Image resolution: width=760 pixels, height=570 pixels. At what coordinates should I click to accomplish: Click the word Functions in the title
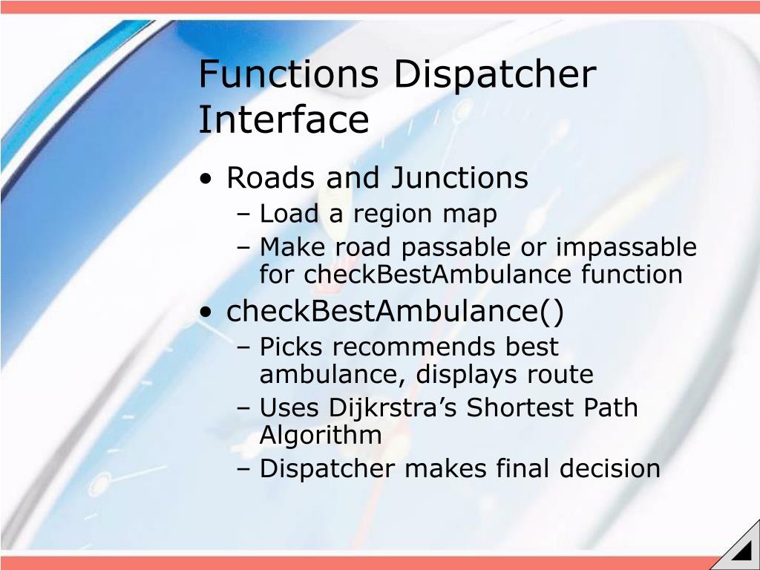click(x=289, y=74)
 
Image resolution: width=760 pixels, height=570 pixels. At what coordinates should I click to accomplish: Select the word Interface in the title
click(x=284, y=119)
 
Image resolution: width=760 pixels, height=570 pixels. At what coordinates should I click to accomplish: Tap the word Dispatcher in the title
click(x=494, y=74)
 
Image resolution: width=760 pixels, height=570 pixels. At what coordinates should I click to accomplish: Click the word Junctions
click(x=459, y=178)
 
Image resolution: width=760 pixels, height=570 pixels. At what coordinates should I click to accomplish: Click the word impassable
click(x=626, y=247)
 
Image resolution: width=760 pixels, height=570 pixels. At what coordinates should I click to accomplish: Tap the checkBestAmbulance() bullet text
click(x=395, y=312)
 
